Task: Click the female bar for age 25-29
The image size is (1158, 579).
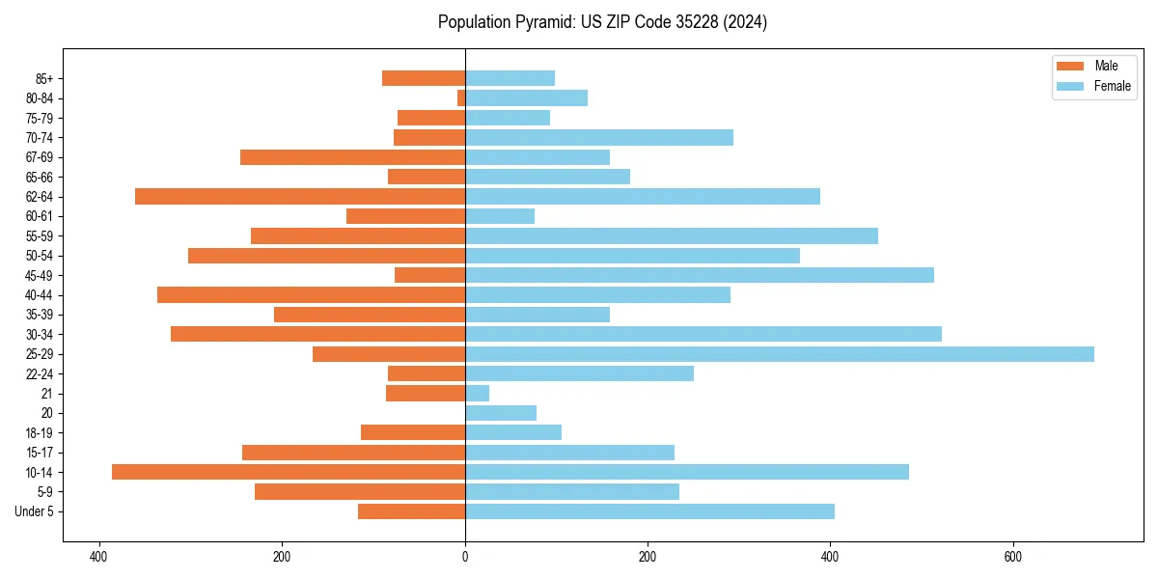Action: click(780, 354)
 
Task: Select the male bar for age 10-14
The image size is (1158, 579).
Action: click(289, 472)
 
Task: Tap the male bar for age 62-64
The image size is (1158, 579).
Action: click(300, 197)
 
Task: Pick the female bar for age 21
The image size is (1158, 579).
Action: click(478, 394)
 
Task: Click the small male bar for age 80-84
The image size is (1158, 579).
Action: click(461, 98)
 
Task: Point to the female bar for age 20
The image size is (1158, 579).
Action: click(501, 413)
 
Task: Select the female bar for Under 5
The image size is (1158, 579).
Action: click(649, 511)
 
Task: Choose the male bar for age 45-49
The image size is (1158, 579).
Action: click(429, 275)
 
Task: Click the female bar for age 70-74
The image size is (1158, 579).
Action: click(599, 138)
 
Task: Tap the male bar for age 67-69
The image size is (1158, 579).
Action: click(352, 157)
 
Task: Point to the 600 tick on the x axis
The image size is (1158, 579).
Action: click(1012, 557)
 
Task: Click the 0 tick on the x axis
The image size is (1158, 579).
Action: click(465, 557)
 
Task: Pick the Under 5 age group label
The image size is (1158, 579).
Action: click(34, 511)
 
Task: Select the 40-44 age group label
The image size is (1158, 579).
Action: click(39, 295)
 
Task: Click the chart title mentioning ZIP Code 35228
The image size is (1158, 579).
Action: click(602, 22)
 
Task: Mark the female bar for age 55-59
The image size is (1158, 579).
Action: click(672, 236)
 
